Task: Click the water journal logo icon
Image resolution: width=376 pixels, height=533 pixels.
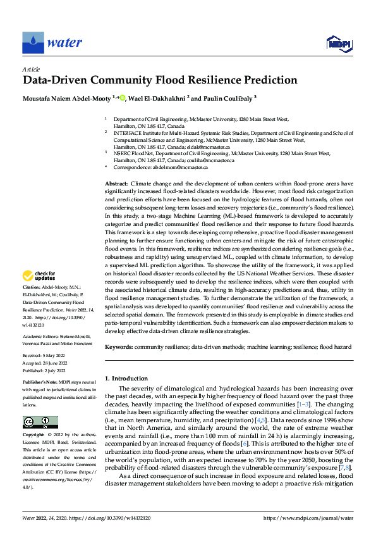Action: click(32, 43)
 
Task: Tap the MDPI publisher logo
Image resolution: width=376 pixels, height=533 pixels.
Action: click(338, 43)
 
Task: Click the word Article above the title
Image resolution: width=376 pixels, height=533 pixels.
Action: click(31, 68)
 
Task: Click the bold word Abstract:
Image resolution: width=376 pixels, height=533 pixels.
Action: click(118, 183)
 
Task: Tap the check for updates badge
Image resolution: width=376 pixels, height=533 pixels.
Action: click(40, 275)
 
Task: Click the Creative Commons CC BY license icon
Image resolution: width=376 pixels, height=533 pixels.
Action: click(40, 422)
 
